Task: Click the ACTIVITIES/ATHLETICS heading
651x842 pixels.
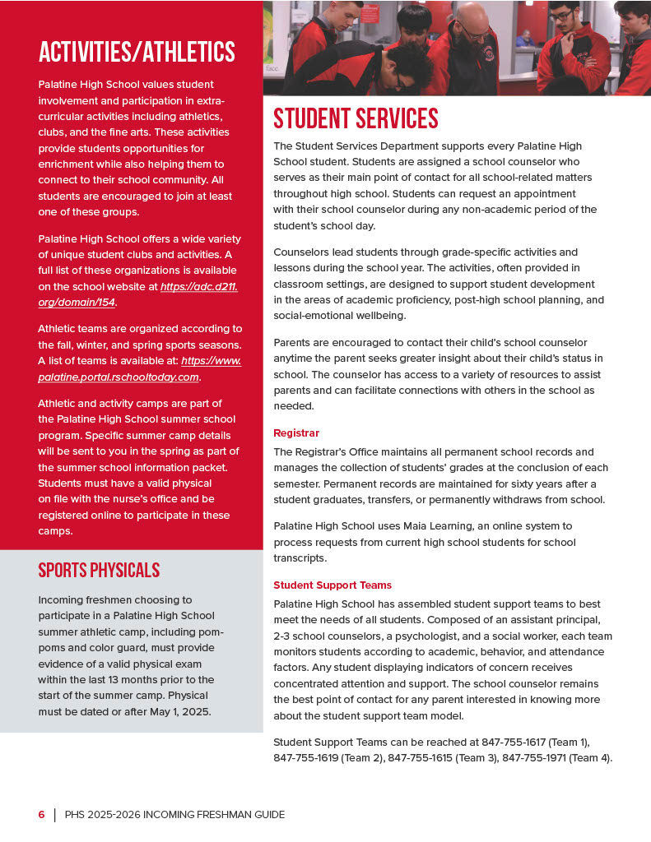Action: (137, 53)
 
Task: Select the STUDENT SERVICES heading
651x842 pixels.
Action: (356, 119)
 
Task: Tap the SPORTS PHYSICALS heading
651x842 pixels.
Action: (99, 571)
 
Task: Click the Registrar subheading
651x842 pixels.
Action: (296, 433)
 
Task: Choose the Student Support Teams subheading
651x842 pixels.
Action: (332, 585)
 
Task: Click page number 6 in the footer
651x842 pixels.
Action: (41, 815)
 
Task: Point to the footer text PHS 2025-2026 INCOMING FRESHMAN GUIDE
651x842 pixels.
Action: (174, 815)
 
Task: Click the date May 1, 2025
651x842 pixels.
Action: (179, 711)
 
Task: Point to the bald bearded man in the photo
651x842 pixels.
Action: (469, 41)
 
